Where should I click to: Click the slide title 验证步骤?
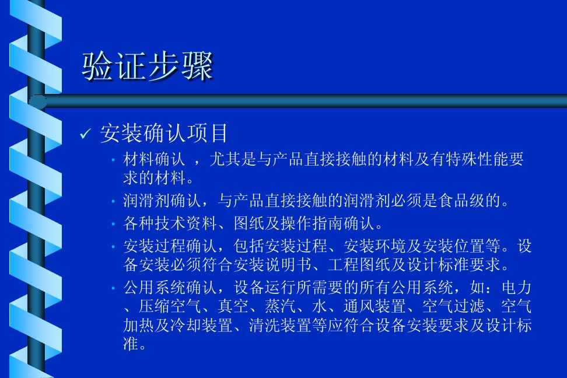pos(147,66)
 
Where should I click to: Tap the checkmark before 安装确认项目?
pos(85,134)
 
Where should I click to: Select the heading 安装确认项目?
pos(164,133)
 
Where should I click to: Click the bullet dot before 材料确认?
pos(113,159)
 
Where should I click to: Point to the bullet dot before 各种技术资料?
pos(113,224)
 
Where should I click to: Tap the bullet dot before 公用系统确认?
pos(113,288)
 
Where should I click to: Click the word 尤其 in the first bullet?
pos(225,159)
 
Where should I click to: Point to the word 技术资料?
pos(186,223)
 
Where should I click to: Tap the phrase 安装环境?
pos(374,246)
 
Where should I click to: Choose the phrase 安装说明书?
pos(272,265)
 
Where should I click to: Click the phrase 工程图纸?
pos(359,265)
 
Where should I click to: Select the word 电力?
pos(517,288)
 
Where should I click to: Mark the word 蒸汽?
pos(280,306)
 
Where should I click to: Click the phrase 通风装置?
pos(374,306)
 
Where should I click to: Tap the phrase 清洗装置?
pos(280,325)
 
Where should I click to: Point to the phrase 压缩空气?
pos(170,306)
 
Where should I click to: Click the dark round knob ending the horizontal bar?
pos(37,101)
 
